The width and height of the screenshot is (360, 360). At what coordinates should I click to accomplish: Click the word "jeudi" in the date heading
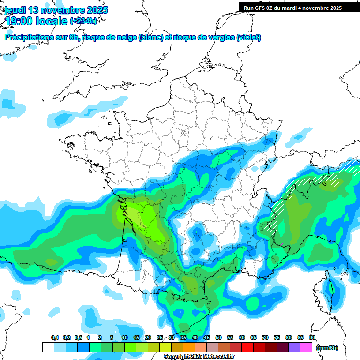(16, 10)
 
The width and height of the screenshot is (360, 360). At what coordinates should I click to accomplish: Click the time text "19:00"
(20, 21)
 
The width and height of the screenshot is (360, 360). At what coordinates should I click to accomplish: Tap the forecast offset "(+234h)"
(83, 21)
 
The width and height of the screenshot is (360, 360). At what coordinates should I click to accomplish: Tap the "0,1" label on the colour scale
(55, 338)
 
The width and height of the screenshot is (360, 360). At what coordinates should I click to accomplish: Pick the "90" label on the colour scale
(312, 338)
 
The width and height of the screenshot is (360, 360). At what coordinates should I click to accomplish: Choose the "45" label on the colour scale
(207, 338)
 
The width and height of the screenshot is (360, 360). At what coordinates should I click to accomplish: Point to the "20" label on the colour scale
(148, 338)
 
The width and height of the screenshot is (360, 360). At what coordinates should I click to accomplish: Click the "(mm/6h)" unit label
(327, 348)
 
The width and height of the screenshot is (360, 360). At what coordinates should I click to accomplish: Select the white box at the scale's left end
(48, 347)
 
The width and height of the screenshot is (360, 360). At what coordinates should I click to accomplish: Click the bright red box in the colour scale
(247, 347)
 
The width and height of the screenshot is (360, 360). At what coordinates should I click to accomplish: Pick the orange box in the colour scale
(189, 347)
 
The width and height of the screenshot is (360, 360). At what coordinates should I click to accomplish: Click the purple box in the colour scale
(294, 347)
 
